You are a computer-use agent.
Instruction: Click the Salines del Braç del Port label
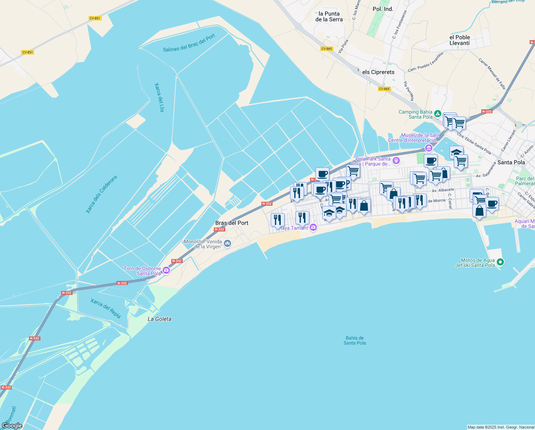[x=189, y=43]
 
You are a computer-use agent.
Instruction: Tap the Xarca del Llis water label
[x=159, y=97]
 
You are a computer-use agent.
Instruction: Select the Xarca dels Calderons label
[x=102, y=195]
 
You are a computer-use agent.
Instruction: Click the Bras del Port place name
[x=232, y=223]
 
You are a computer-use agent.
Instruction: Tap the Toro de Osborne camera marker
[x=166, y=270]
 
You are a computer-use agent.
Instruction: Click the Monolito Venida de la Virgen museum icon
[x=227, y=244]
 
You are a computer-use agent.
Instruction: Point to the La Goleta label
[x=159, y=319]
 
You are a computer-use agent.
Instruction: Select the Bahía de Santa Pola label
[x=355, y=340]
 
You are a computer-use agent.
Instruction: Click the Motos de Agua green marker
[x=501, y=263]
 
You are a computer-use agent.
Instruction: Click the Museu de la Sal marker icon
[x=428, y=148]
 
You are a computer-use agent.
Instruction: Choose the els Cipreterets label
[x=378, y=72]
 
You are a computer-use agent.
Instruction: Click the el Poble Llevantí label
[x=460, y=40]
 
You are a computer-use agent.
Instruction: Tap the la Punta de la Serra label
[x=329, y=16]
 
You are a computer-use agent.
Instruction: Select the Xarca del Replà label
[x=106, y=308]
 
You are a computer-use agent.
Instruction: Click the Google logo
[x=12, y=426]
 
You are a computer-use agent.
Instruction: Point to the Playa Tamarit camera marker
[x=313, y=228]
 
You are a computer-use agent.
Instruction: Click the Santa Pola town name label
[x=511, y=162]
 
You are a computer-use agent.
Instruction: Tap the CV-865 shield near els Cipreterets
[x=384, y=89]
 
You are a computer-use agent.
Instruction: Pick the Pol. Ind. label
[x=383, y=9]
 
